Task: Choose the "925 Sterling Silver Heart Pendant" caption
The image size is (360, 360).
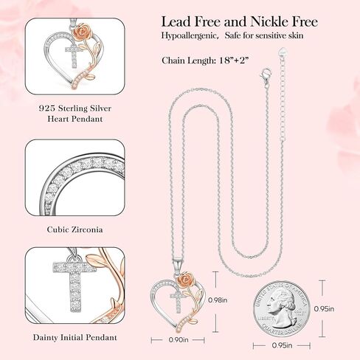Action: (72, 113)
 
